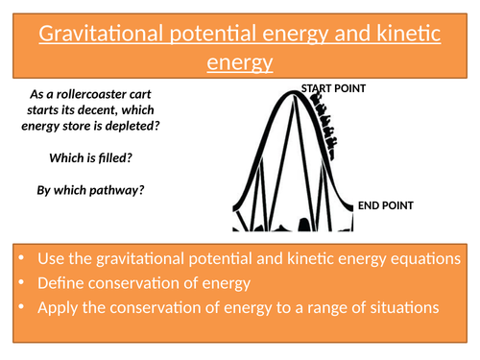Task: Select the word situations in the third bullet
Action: (x=401, y=308)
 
